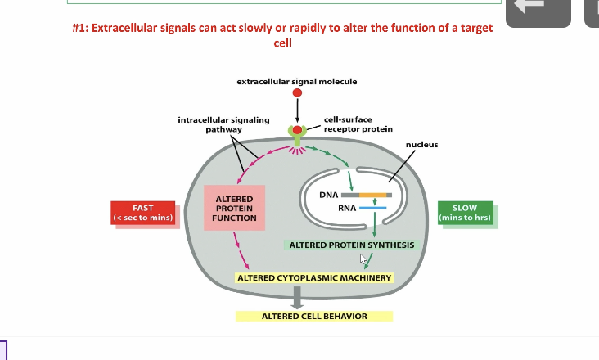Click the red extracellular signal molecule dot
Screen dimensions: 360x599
click(297, 93)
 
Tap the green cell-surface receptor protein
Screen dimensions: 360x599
click(297, 132)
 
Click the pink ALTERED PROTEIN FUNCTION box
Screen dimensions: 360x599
click(234, 208)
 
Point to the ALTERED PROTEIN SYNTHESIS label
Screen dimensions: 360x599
click(351, 245)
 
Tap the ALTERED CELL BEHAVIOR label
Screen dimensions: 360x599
click(314, 316)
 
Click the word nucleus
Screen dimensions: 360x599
click(421, 145)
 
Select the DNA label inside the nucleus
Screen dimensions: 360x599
click(329, 195)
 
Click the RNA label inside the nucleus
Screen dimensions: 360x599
click(346, 208)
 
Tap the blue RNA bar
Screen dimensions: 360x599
click(372, 208)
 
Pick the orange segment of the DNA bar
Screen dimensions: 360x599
click(373, 195)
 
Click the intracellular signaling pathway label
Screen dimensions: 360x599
click(223, 124)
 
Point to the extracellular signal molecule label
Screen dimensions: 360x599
click(296, 82)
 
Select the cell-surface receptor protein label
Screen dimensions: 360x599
click(358, 124)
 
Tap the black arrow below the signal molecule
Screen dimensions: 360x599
click(297, 109)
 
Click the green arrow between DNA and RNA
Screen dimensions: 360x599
click(374, 201)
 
